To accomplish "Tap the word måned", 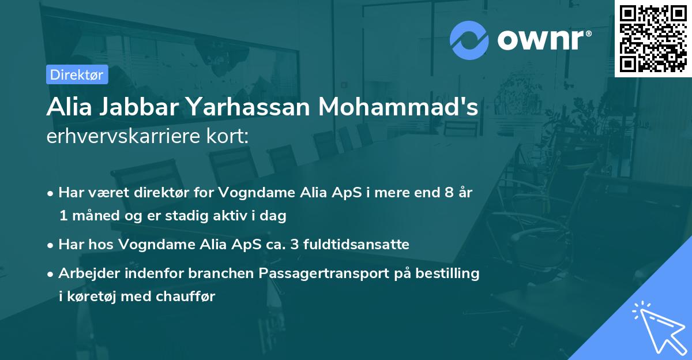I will (x=93, y=216).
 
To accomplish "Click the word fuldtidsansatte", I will (x=355, y=244).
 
